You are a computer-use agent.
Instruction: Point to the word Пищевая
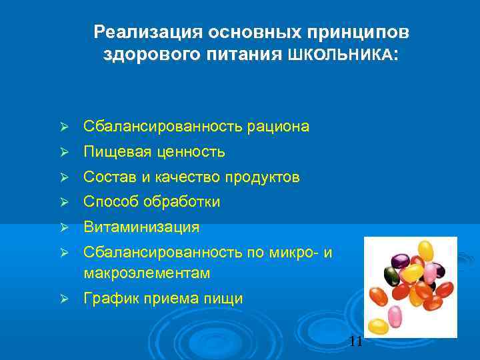(x=116, y=153)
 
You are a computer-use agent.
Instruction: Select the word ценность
(x=191, y=153)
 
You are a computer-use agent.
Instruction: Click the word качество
(x=189, y=177)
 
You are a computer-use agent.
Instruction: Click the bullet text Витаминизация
(x=141, y=227)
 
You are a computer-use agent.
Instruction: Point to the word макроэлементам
(x=147, y=273)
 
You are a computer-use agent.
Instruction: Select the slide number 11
(x=356, y=342)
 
